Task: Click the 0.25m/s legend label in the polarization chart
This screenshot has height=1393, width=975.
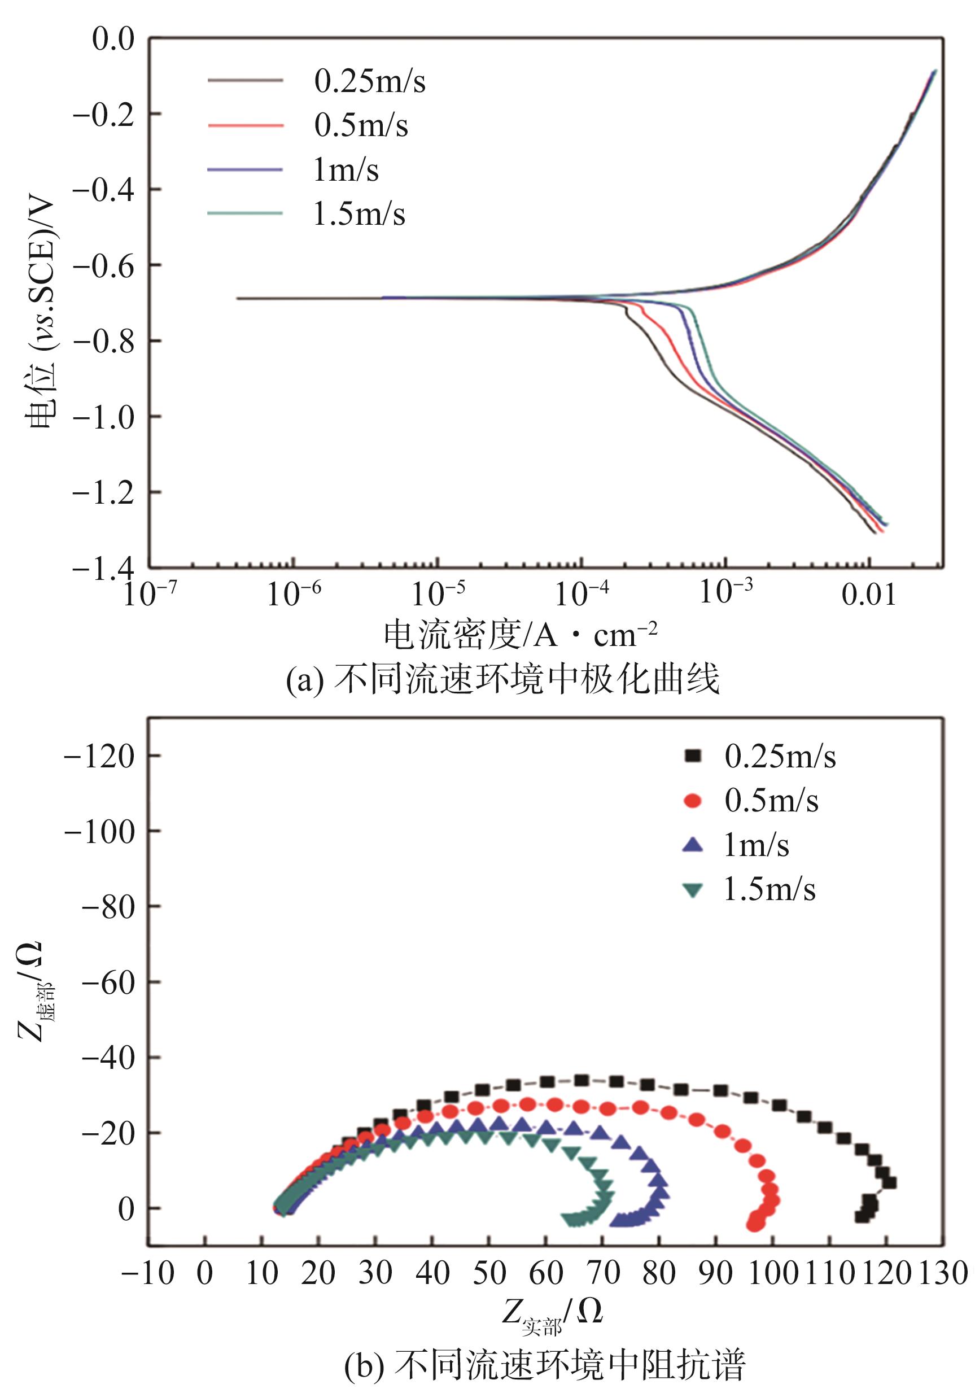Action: pyautogui.click(x=369, y=82)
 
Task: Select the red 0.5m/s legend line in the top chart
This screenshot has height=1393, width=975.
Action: pyautogui.click(x=245, y=126)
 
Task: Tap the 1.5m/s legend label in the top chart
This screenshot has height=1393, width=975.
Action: pyautogui.click(x=358, y=214)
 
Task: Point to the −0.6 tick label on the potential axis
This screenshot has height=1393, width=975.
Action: pyautogui.click(x=104, y=266)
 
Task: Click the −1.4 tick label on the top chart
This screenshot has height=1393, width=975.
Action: pyautogui.click(x=104, y=568)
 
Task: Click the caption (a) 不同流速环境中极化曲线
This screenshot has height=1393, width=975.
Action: pyautogui.click(x=503, y=679)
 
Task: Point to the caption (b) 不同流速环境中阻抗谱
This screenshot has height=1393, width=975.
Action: pyautogui.click(x=544, y=1370)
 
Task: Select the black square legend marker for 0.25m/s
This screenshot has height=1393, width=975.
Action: pyautogui.click(x=692, y=756)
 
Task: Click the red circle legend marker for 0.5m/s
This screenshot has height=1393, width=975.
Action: pyautogui.click(x=692, y=801)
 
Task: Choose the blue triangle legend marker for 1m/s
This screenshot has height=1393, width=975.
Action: pyautogui.click(x=692, y=845)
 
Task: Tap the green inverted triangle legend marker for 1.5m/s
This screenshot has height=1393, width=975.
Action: pyautogui.click(x=692, y=890)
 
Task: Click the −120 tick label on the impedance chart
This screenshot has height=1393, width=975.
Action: pyautogui.click(x=99, y=757)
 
